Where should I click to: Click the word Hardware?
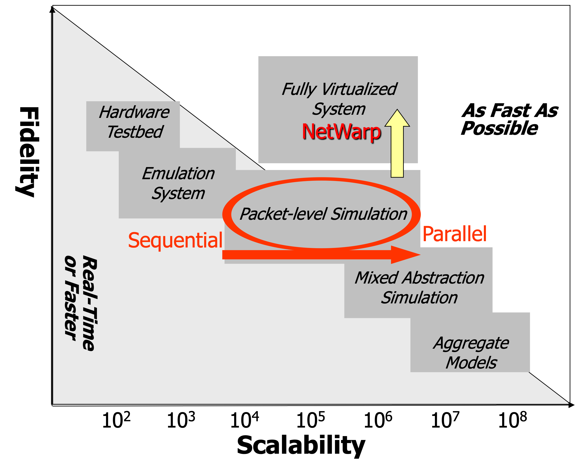click(x=134, y=112)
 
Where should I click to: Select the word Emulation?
click(x=178, y=173)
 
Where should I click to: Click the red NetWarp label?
click(x=341, y=132)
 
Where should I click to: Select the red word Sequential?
click(x=175, y=240)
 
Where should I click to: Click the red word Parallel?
click(x=454, y=234)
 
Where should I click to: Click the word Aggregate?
click(x=471, y=343)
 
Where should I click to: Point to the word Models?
click(x=471, y=363)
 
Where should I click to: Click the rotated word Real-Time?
click(x=89, y=303)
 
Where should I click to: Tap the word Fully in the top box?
click(x=299, y=89)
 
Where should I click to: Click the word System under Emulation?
click(x=178, y=193)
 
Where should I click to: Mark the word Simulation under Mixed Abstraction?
click(x=419, y=297)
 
